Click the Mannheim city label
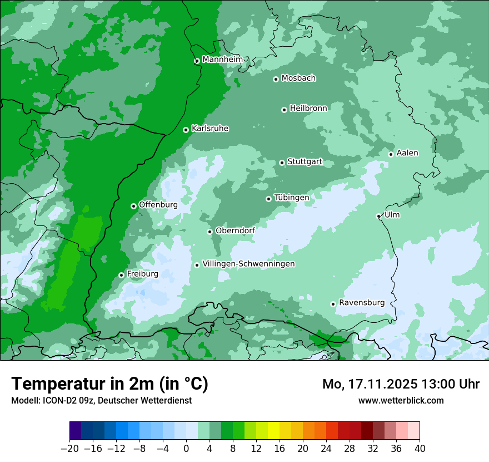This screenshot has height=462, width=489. tap(222, 60)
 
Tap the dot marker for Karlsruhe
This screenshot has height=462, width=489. tap(186, 130)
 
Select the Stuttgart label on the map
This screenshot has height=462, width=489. tap(305, 162)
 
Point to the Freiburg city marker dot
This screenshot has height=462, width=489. tap(121, 275)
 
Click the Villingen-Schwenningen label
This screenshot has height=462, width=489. tap(248, 264)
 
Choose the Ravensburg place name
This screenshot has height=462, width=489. tap(361, 303)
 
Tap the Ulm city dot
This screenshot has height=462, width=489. tap(378, 216)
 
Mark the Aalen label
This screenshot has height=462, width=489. tap(407, 153)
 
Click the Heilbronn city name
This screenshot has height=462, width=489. tap(308, 109)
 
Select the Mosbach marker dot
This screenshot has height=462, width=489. tap(276, 79)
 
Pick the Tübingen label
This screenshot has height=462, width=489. tap(292, 198)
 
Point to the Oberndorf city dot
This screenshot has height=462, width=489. tap(209, 232)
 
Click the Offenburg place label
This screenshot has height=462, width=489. tap(158, 205)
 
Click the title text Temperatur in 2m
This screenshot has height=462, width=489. tap(109, 384)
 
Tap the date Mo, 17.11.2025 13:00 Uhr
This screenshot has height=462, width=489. tap(401, 384)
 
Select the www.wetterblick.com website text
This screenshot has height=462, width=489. tap(401, 400)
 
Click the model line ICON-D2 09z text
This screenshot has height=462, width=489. tap(101, 400)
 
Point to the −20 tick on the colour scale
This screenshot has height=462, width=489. tap(69, 449)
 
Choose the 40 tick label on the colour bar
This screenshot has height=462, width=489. tap(420, 449)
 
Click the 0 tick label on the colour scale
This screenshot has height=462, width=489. tap(186, 449)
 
